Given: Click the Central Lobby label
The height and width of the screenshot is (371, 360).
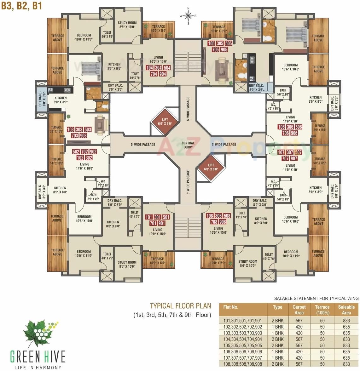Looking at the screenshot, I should coord(188,145).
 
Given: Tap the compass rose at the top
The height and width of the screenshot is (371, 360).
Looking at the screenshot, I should coord(188,15).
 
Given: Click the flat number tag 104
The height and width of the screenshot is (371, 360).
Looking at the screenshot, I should coord(149,68).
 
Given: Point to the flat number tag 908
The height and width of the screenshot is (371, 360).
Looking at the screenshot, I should coord(223,222).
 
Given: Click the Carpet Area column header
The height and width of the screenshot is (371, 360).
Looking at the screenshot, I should coord(299,310).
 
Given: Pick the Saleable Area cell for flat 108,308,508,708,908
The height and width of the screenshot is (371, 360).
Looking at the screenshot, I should coord(346,364).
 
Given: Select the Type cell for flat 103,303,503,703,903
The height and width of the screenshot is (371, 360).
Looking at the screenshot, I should coord(277,333).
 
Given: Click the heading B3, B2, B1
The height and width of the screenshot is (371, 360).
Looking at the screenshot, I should coord(22,6).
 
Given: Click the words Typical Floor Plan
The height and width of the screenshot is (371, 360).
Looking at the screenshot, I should coord(180,306).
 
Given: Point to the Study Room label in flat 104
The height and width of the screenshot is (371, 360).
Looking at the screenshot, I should coord(127,25).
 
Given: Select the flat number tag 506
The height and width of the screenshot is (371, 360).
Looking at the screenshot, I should coord(298,127).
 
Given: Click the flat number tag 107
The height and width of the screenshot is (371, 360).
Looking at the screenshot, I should coord(281,152).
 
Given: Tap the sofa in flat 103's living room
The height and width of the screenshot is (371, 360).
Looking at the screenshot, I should coord(101,123).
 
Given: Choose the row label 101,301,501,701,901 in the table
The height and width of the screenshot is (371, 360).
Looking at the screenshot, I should coord(242,321).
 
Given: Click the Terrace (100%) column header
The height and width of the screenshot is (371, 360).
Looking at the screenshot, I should coord(322,310).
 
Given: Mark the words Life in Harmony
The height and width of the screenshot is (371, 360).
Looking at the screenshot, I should coord(38,367).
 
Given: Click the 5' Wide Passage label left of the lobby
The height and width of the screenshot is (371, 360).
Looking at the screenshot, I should coord(143,145).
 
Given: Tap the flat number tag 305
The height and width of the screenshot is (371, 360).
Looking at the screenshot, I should coord(220,43).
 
